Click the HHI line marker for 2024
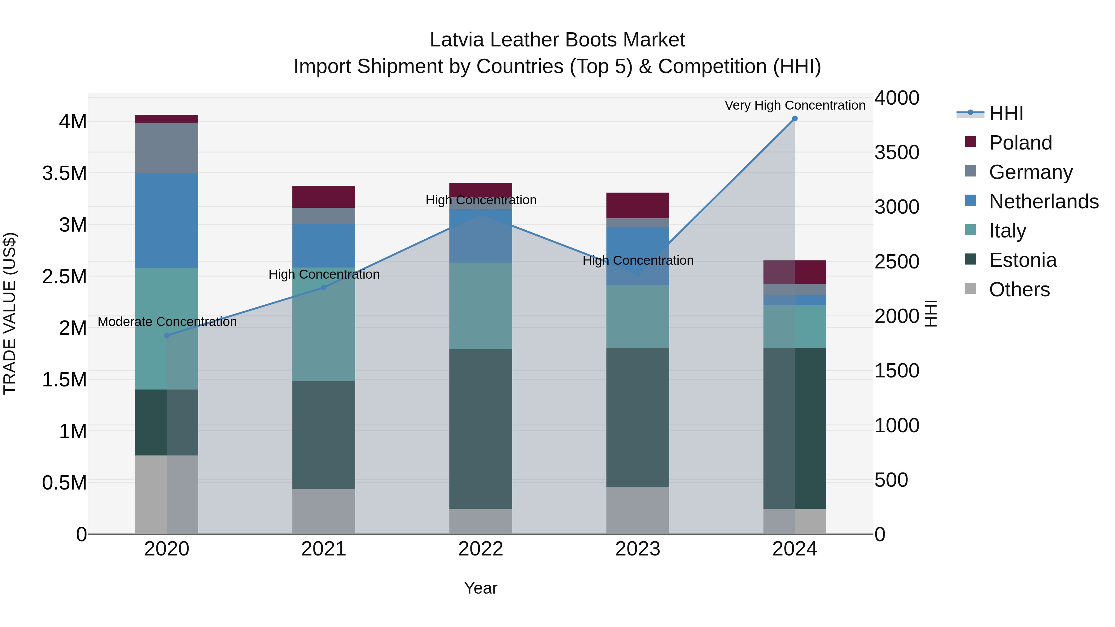(795, 119)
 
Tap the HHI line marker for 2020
(167, 336)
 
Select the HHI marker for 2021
(324, 288)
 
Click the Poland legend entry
(1020, 143)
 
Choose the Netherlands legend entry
(1043, 202)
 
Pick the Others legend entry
(1019, 290)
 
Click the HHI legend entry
(1006, 113)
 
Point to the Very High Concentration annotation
(795, 106)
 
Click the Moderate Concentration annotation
(167, 322)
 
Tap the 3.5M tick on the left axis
(64, 173)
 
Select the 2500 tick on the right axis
(896, 262)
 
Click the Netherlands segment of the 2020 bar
(167, 221)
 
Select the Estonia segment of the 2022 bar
(480, 429)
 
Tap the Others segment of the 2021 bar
(324, 512)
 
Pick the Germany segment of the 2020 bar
(167, 148)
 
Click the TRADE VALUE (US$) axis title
(10, 313)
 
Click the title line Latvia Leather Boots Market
(557, 40)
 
